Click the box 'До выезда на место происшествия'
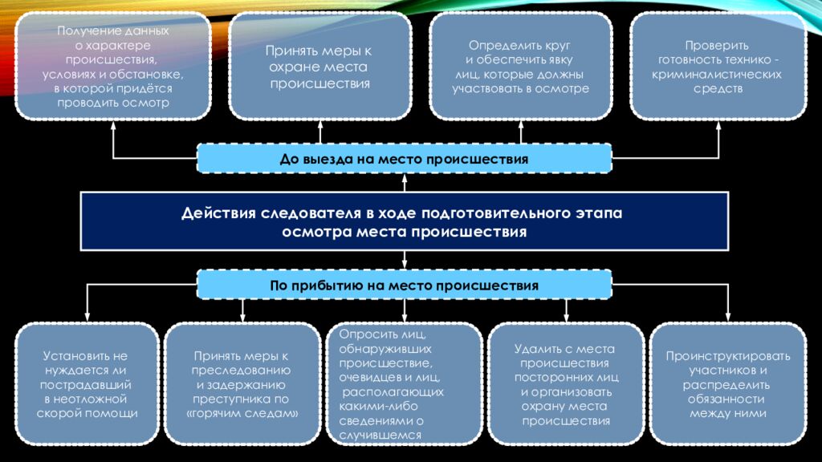click(405, 158)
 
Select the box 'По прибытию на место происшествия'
click(405, 285)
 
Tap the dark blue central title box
click(405, 221)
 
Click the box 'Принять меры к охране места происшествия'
click(319, 67)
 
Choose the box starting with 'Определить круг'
click(520, 67)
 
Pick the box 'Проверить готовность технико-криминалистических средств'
click(718, 67)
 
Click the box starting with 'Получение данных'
click(113, 67)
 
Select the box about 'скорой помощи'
click(87, 384)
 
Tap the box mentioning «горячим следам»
click(242, 384)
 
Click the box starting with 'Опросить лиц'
click(405, 384)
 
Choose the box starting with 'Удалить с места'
click(566, 384)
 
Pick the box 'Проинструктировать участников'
click(727, 384)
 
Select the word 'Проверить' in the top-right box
click(717, 46)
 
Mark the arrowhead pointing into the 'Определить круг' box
click(520, 124)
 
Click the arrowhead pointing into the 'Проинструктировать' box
click(727, 318)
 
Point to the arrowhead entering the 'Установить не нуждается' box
click(87, 318)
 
